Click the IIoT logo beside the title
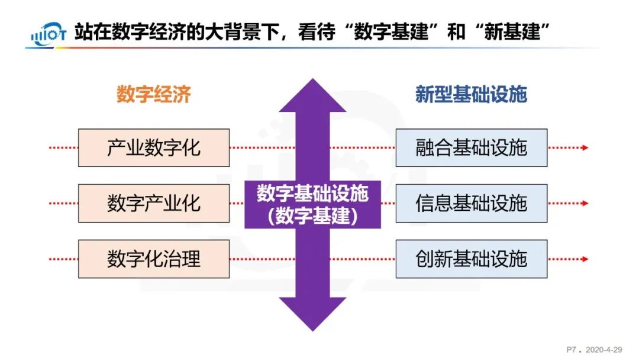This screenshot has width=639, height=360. [47, 35]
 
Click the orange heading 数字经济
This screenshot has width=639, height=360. [153, 94]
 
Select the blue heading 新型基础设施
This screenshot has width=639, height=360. [471, 94]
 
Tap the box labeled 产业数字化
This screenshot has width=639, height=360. [154, 147]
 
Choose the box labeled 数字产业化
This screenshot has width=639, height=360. [154, 203]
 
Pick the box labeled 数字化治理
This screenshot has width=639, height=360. [154, 259]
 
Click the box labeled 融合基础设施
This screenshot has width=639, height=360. [471, 147]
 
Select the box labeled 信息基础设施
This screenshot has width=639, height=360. [471, 203]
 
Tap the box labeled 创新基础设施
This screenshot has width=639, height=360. [471, 259]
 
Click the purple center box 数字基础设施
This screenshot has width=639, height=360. [312, 194]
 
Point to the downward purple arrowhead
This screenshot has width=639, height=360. [312, 314]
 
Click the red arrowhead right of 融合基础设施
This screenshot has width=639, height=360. [585, 147]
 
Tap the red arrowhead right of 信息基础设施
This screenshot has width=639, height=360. [585, 203]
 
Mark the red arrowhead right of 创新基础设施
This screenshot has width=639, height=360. [585, 259]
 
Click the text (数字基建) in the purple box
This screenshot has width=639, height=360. [312, 216]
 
